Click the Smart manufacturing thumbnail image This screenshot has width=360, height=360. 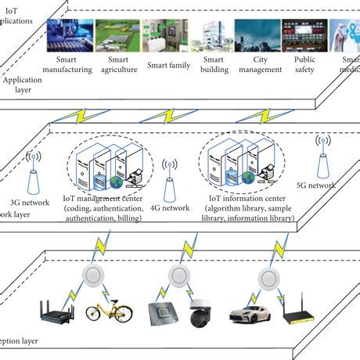70,34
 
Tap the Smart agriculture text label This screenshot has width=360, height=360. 120,64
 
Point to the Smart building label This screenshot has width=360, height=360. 214,64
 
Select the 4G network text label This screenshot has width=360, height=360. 168,208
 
